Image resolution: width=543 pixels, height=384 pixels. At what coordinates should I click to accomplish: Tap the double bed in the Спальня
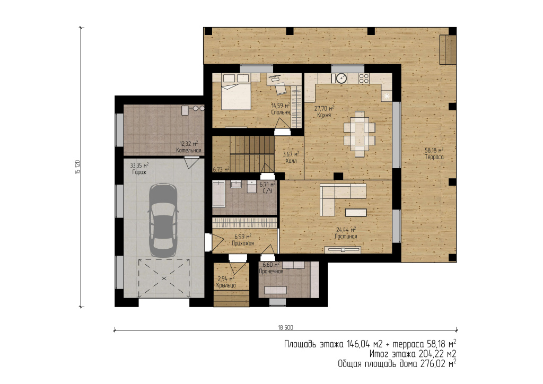236,92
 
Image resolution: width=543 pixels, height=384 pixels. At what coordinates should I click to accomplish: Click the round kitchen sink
341,78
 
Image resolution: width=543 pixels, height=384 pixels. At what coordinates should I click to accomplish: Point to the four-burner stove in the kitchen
364,78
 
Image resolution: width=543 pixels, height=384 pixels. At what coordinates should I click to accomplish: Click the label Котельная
188,150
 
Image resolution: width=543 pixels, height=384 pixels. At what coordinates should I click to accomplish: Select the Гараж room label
139,172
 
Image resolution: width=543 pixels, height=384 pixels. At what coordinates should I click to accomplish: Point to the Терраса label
434,157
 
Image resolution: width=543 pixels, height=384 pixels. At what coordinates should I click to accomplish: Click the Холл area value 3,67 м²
291,154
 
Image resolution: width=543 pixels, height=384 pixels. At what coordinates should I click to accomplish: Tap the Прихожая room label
243,243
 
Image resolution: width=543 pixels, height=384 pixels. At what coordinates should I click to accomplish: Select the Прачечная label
271,271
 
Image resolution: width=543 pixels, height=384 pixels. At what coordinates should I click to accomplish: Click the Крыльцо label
226,285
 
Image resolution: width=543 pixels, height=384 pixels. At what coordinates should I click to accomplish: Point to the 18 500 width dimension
285,328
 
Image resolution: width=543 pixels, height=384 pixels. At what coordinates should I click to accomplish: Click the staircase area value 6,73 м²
221,169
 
